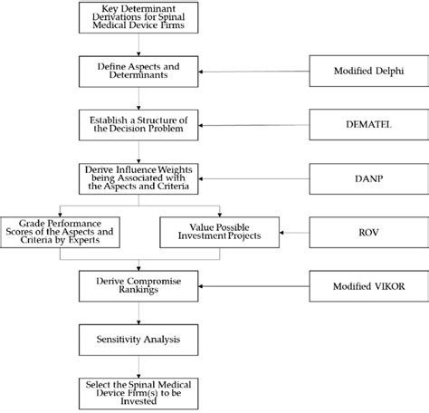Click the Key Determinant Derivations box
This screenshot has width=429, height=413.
(x=139, y=18)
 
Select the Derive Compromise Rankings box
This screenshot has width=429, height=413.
(x=139, y=288)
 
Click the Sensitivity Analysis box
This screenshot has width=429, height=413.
(x=139, y=340)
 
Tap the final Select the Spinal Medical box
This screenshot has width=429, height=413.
(x=139, y=391)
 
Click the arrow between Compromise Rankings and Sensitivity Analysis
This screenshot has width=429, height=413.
(x=139, y=314)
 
